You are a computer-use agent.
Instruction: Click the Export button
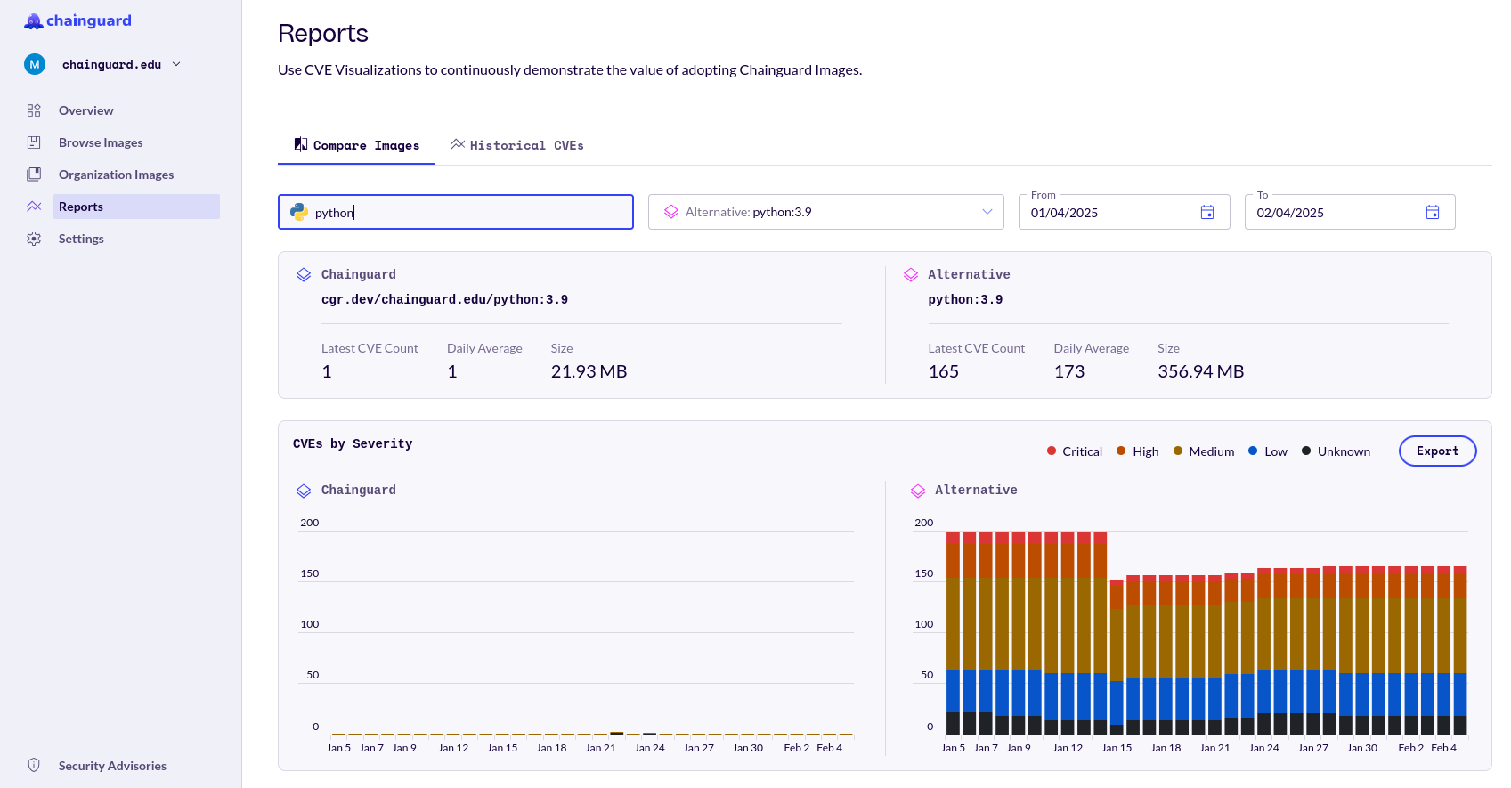[x=1437, y=451]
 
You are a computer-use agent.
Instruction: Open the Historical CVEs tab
[x=517, y=145]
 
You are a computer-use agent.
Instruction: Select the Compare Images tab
[x=356, y=145]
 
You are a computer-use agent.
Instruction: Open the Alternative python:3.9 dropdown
[x=825, y=212]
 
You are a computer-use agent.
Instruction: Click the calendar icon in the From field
[x=1207, y=212]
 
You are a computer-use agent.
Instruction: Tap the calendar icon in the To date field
[x=1433, y=212]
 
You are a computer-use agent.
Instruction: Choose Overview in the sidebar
[x=85, y=110]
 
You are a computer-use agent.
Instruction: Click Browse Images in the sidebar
[x=100, y=142]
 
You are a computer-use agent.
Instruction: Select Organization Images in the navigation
[x=116, y=175]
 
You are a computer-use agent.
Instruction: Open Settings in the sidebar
[x=81, y=239]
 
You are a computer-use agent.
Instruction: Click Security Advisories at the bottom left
[x=112, y=766]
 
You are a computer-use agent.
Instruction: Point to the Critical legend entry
[x=1075, y=451]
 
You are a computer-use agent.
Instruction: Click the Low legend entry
[x=1268, y=451]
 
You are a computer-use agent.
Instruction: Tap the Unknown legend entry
[x=1336, y=451]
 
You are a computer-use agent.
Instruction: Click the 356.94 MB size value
[x=1200, y=371]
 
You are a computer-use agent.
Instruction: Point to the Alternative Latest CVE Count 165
[x=943, y=371]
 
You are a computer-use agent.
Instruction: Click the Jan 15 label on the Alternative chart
[x=1116, y=748]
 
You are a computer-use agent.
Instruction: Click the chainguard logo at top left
[x=78, y=20]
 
